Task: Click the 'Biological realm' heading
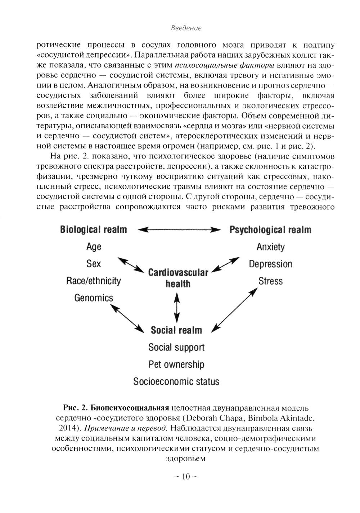94,229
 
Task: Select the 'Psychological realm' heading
270,229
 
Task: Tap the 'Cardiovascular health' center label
178,278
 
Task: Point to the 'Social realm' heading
176,330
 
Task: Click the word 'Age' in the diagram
94,247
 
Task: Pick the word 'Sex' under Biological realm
94,264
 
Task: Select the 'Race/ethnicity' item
94,281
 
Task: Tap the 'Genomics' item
94,298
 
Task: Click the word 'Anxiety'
270,247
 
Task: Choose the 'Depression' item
270,264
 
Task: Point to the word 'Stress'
270,281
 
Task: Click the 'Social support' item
176,347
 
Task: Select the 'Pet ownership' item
176,364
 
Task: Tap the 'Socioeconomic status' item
176,381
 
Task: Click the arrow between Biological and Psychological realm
179,229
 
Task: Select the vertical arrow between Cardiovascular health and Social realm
176,307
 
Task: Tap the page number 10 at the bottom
186,477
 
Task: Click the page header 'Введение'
186,28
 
